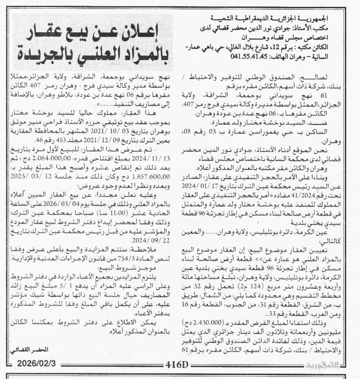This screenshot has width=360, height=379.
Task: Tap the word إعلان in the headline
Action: point(147,36)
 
